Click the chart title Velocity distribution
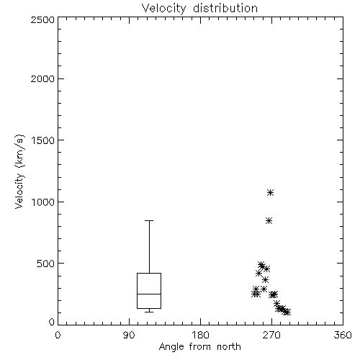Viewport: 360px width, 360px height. (199, 8)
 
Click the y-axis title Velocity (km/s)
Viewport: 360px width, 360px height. (19, 171)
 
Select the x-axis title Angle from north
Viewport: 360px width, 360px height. (199, 347)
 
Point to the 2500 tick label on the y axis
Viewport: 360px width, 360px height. (42, 19)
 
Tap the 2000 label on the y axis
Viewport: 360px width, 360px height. (42, 78)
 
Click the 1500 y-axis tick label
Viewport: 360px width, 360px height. (43, 140)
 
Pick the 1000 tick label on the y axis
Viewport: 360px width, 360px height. (43, 202)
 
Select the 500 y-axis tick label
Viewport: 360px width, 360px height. (46, 264)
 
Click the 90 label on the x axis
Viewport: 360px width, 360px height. (129, 335)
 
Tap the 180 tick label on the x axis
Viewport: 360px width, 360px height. (200, 335)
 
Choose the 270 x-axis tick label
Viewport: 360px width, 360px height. (271, 335)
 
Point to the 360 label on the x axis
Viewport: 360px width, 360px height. (343, 335)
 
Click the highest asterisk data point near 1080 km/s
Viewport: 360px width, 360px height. (271, 193)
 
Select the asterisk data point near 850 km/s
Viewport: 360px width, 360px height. (269, 221)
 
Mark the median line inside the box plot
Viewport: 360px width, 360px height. (149, 294)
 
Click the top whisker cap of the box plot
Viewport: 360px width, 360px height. (149, 220)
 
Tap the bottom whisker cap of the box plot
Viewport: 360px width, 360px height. (149, 312)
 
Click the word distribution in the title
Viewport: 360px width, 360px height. (225, 8)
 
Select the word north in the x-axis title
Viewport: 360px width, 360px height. (229, 347)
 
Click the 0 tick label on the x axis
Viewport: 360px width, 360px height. (58, 335)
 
